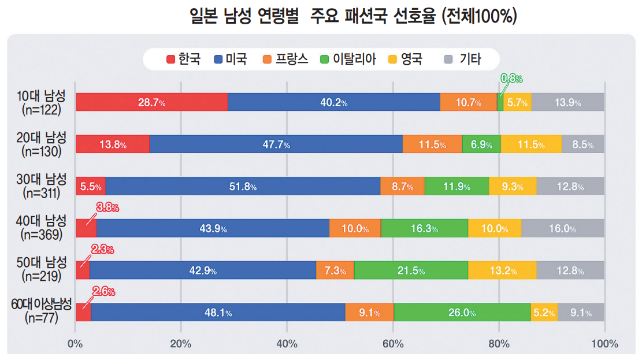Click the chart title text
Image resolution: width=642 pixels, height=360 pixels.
(352, 16)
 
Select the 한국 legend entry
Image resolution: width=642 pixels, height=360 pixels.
(184, 59)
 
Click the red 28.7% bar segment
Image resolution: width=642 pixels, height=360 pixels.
(151, 102)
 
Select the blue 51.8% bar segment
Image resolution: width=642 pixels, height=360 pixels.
(243, 187)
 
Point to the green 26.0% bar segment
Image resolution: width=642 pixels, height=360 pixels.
(462, 313)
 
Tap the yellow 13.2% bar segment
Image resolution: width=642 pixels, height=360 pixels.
(502, 270)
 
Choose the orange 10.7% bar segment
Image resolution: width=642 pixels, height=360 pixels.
(468, 102)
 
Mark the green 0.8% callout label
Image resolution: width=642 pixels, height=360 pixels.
(511, 78)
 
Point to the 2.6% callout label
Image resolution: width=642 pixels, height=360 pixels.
(103, 291)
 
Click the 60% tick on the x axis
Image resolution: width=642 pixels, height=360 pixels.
(393, 344)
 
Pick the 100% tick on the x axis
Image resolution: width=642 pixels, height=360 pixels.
(604, 344)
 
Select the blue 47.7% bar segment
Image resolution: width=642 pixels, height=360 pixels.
(276, 144)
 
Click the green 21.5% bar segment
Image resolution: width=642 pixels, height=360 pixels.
(411, 270)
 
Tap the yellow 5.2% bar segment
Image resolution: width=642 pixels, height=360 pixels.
(544, 313)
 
